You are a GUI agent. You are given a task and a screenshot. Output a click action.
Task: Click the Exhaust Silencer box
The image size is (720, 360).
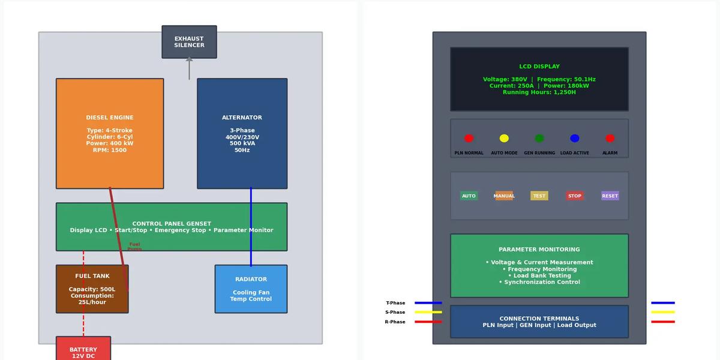click(x=189, y=42)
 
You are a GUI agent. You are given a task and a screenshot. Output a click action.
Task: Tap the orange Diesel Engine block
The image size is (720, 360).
click(x=110, y=133)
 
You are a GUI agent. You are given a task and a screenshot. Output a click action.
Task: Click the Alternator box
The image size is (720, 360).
click(x=242, y=133)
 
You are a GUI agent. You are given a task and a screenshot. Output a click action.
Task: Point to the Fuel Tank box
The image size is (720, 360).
click(x=92, y=289)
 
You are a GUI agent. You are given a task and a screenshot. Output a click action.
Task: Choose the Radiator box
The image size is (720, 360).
click(x=251, y=289)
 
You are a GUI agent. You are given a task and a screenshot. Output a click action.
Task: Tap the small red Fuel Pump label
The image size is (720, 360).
click(x=134, y=247)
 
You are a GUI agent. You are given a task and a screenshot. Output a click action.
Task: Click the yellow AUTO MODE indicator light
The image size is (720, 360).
click(x=504, y=139)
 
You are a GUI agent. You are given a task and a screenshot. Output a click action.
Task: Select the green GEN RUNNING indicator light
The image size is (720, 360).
click(x=539, y=139)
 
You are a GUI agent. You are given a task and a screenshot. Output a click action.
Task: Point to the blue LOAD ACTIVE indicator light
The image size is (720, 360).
click(x=575, y=139)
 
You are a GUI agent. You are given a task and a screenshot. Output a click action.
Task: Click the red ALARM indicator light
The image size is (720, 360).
click(x=610, y=139)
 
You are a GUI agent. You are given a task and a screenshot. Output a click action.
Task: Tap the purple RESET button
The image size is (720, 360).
click(x=610, y=196)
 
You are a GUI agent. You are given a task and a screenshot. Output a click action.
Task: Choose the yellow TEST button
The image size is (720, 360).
click(x=539, y=196)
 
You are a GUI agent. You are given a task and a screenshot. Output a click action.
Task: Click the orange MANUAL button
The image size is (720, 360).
click(x=504, y=196)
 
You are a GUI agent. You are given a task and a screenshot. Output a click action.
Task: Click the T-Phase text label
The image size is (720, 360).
click(x=395, y=303)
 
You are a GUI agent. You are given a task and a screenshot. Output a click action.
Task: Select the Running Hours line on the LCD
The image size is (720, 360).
click(x=539, y=92)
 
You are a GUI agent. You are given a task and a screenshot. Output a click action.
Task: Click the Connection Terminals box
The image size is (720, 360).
click(x=539, y=322)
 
